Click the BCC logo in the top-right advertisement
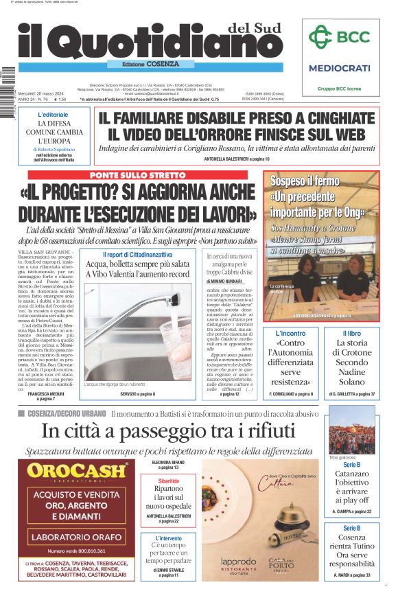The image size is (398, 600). coord(339,37)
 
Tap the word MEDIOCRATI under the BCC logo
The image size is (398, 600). coord(339,69)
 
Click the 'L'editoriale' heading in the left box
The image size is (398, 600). coord(54,114)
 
